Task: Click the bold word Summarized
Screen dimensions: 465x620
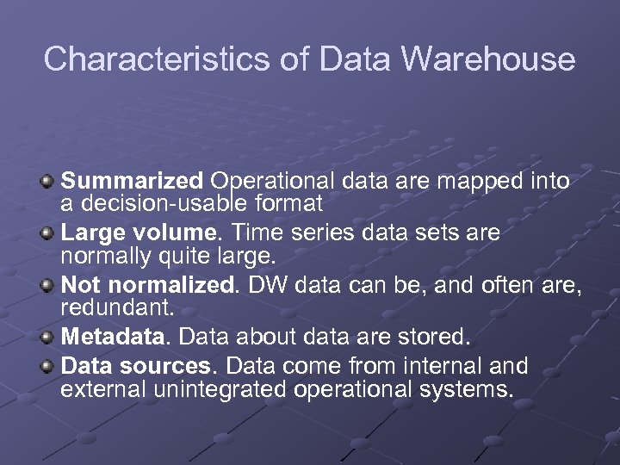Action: (x=132, y=182)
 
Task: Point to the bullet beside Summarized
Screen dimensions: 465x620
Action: (x=48, y=182)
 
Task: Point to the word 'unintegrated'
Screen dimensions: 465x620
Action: (x=220, y=389)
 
